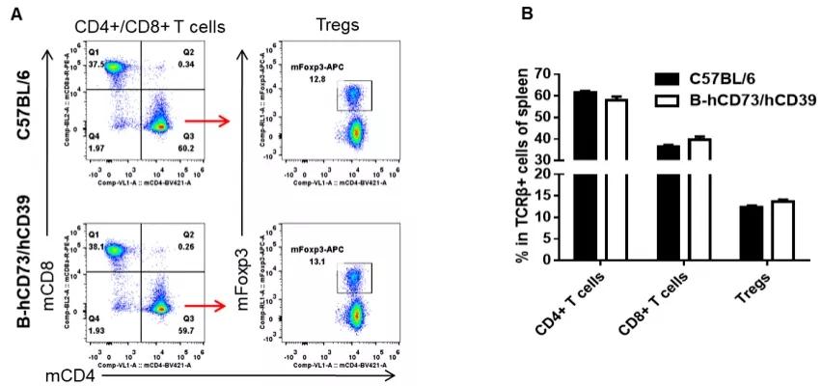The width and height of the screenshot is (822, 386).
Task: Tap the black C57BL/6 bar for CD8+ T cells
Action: pyautogui.click(x=668, y=203)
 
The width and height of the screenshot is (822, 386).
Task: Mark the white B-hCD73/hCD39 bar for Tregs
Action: pyautogui.click(x=781, y=230)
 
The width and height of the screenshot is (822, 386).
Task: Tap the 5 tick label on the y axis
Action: pyautogui.click(x=550, y=238)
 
